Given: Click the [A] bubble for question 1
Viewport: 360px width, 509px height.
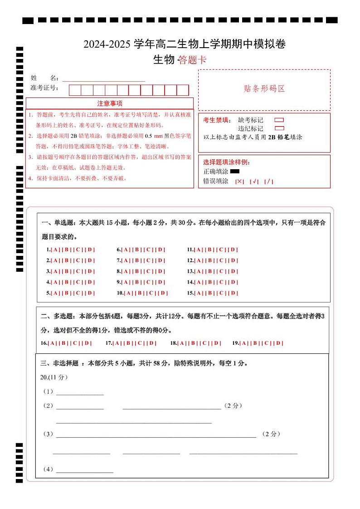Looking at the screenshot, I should tap(54, 250).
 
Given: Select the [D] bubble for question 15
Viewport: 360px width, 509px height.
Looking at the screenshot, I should tap(233, 293).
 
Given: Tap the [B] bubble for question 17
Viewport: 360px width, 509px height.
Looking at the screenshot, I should tap(128, 343).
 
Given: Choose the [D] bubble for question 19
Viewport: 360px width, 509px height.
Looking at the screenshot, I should tap(278, 343).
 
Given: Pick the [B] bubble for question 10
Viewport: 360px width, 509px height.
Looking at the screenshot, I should tap(140, 293).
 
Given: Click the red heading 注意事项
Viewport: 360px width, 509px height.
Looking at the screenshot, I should tap(110, 103).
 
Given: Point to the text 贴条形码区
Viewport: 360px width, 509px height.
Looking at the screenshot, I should tap(264, 89).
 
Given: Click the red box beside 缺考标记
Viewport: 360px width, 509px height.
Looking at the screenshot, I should tap(279, 120).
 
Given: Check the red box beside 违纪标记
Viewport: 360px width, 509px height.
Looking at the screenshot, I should tap(279, 128).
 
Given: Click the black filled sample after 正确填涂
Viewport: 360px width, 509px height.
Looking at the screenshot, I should tap(234, 171).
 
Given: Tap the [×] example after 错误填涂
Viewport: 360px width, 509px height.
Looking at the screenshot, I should tap(239, 181).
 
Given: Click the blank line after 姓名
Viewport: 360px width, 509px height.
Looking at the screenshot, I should tap(103, 79).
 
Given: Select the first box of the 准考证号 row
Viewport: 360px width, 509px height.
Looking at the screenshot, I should tap(75, 90).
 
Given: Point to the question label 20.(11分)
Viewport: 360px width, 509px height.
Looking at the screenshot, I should tap(54, 377).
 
